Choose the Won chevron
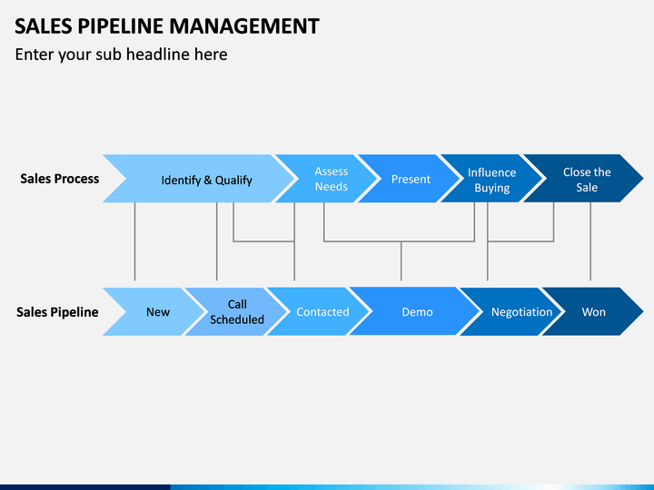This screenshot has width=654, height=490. point(593,311)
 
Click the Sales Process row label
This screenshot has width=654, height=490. point(60,179)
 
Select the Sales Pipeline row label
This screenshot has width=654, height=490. point(57,312)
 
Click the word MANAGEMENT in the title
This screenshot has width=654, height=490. point(244,25)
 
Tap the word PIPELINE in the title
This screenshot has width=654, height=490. point(121,25)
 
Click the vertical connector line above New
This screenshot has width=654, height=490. point(134,241)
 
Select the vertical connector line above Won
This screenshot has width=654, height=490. point(590,241)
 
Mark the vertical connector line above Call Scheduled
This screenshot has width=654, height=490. point(217,241)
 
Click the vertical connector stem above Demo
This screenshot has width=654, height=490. point(401,260)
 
